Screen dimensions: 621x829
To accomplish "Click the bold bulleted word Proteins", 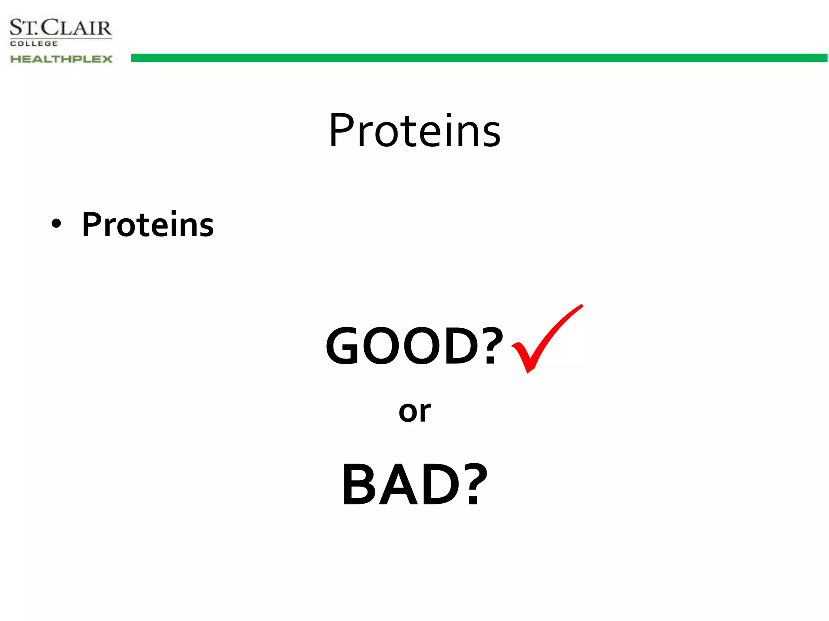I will click(148, 225).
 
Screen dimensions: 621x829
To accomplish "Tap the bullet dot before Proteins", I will click(56, 224).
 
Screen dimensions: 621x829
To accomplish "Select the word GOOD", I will click(403, 346).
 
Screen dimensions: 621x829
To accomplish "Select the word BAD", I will click(401, 485).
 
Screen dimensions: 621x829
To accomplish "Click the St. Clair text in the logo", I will click(61, 28).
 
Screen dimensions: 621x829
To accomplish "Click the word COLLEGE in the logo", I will click(34, 44).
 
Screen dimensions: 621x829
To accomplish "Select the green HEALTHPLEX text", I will click(61, 59).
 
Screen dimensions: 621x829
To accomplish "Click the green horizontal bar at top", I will click(478, 58).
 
